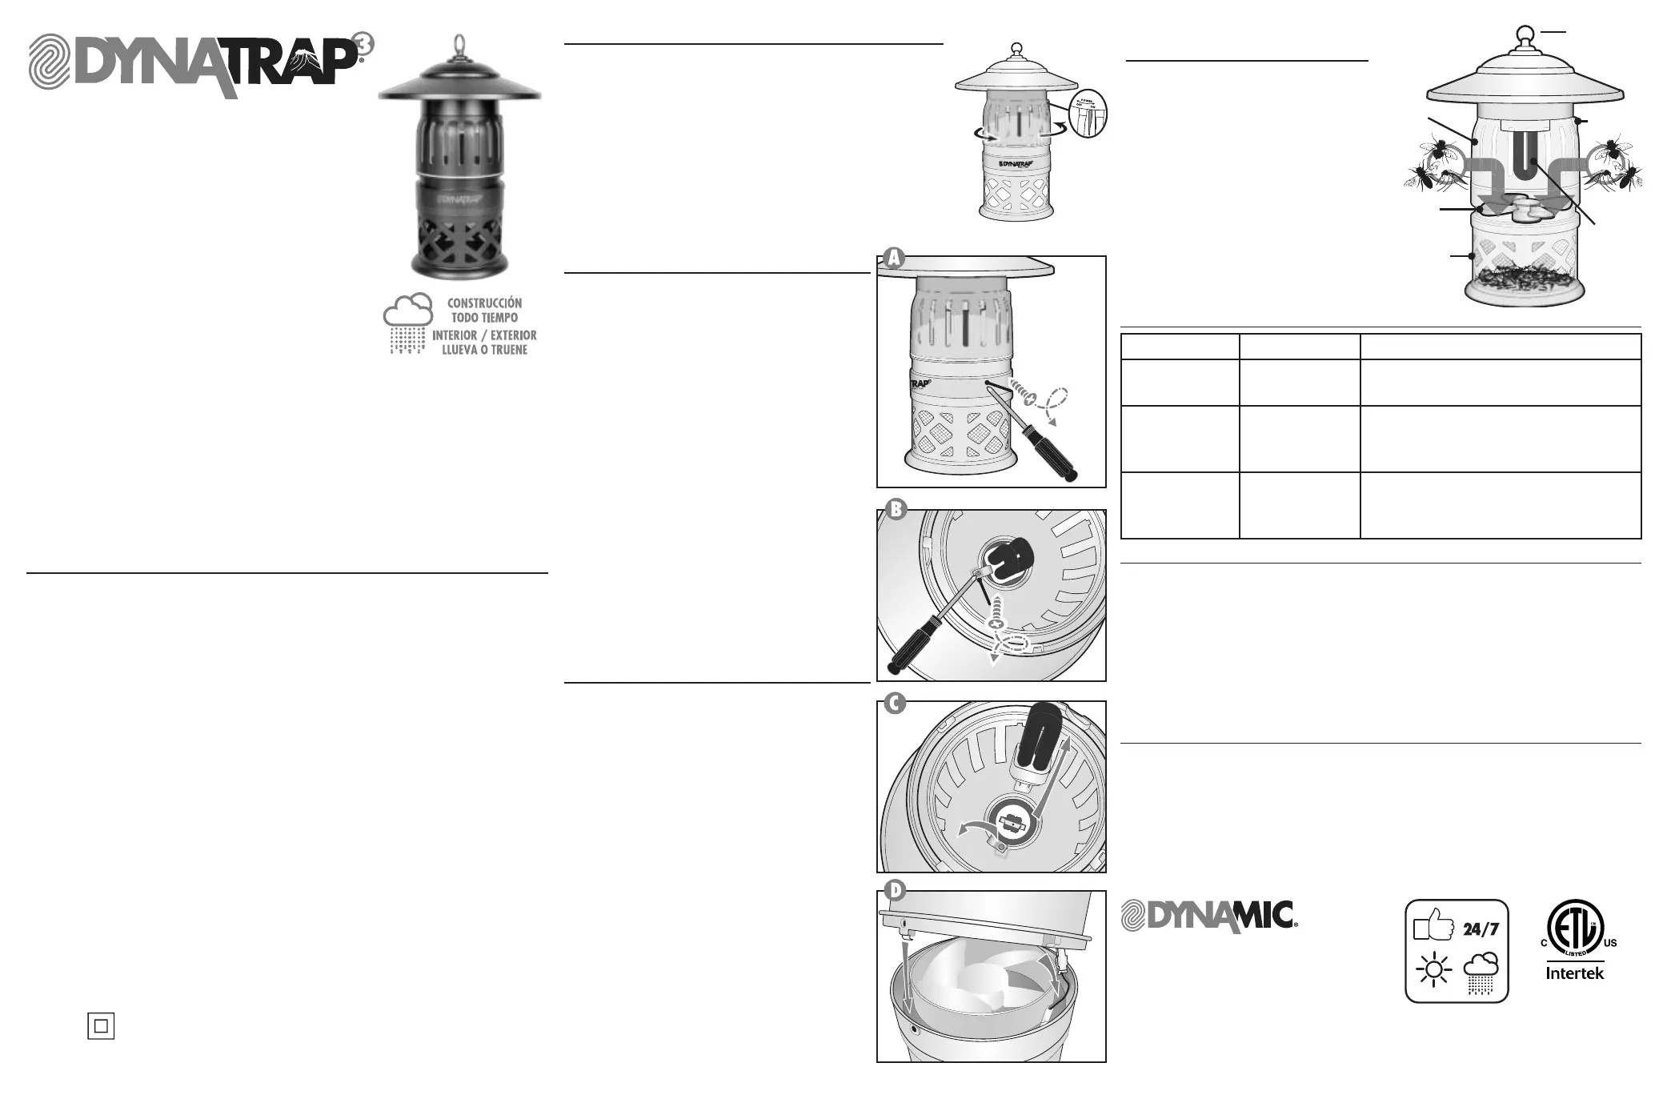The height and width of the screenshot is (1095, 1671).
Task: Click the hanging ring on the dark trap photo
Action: point(460,41)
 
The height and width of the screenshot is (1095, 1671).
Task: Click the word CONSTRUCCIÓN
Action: point(484,303)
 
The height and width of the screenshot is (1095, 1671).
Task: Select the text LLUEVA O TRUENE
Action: point(484,350)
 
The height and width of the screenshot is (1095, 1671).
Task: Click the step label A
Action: point(893,258)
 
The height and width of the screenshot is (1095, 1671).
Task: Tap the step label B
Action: point(896,510)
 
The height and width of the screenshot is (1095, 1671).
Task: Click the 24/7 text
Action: point(1481,929)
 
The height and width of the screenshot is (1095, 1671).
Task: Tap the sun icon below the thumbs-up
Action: point(1433,971)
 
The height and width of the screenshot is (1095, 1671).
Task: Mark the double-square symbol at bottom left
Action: point(101,1025)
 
